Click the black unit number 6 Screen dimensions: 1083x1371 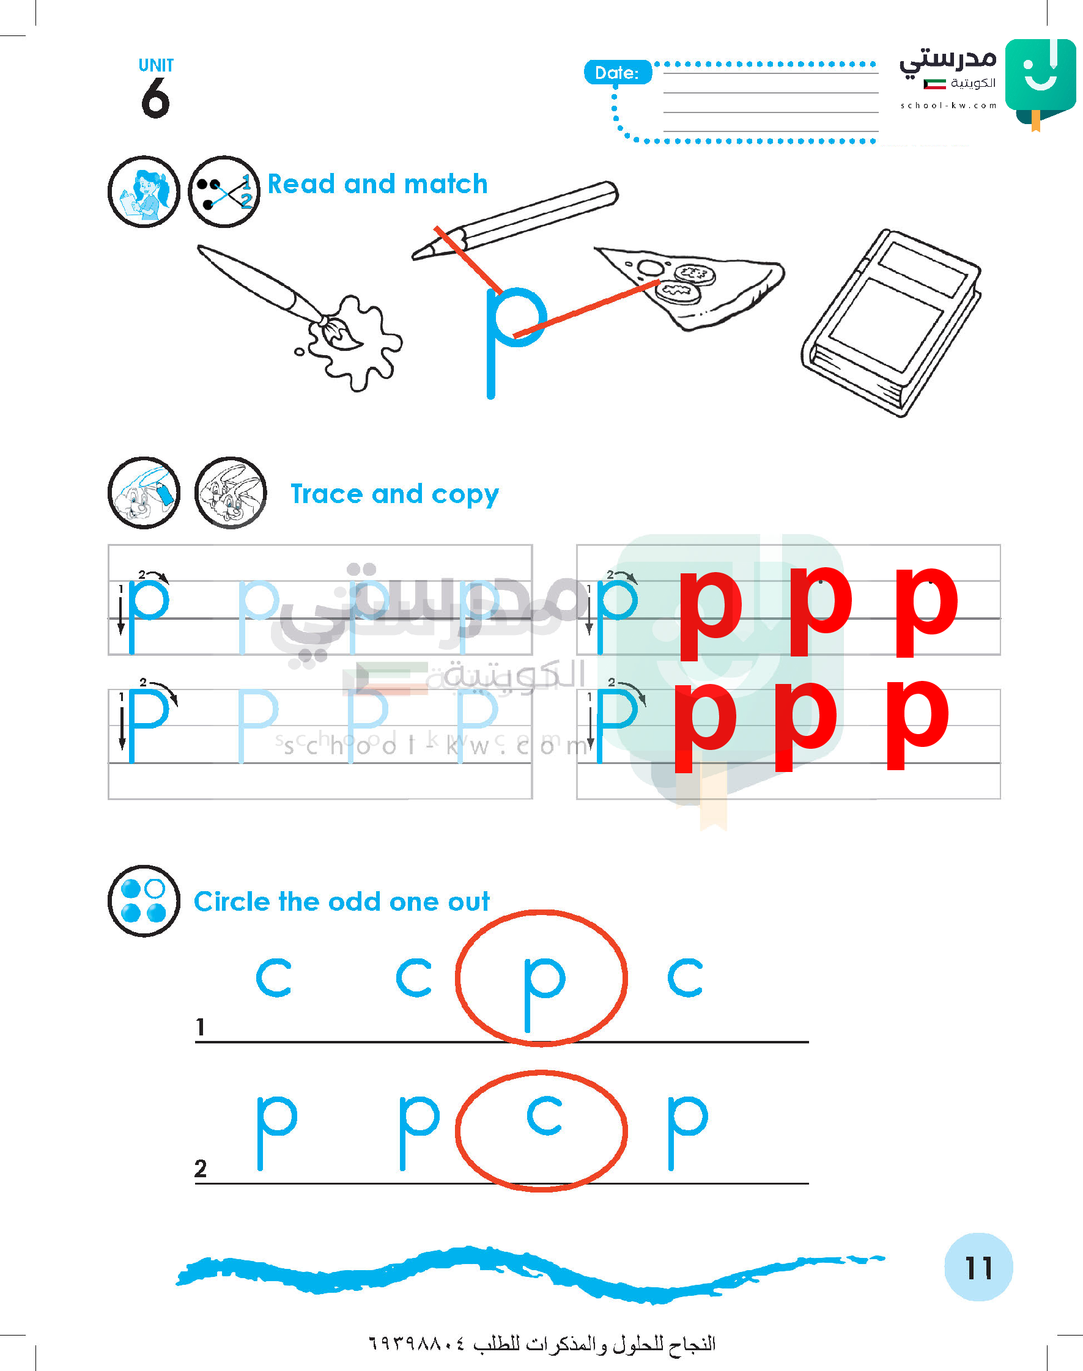pos(155,98)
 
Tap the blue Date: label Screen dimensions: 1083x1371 pos(617,72)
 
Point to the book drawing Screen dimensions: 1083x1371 pos(892,323)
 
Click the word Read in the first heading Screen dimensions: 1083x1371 pos(301,184)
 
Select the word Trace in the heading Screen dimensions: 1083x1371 pos(328,494)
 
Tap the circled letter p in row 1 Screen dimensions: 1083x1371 pos(544,993)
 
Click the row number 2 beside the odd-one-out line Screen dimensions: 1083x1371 pos(201,1168)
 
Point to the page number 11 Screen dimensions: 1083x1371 pos(978,1268)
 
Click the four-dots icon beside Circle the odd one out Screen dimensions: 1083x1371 pos(144,901)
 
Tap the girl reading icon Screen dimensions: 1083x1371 pos(144,191)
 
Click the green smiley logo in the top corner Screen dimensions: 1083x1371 pos(1041,81)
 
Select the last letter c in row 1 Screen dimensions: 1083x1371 pos(686,977)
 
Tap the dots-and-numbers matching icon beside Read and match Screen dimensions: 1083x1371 pos(224,191)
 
